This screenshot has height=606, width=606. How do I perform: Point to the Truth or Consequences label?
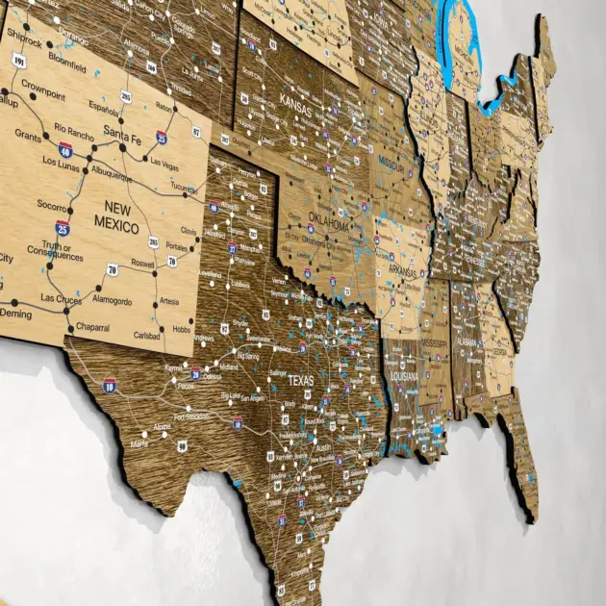[55, 250]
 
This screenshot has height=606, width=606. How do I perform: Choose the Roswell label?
[142, 264]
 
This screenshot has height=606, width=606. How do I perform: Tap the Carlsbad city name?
[147, 336]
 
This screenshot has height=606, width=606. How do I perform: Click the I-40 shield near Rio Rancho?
[65, 149]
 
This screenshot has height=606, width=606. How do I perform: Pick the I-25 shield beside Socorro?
[63, 228]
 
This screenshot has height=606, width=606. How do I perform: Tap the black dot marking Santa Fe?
[122, 146]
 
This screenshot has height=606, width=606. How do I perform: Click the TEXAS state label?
[302, 381]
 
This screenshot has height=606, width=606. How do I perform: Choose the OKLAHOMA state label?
[330, 223]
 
